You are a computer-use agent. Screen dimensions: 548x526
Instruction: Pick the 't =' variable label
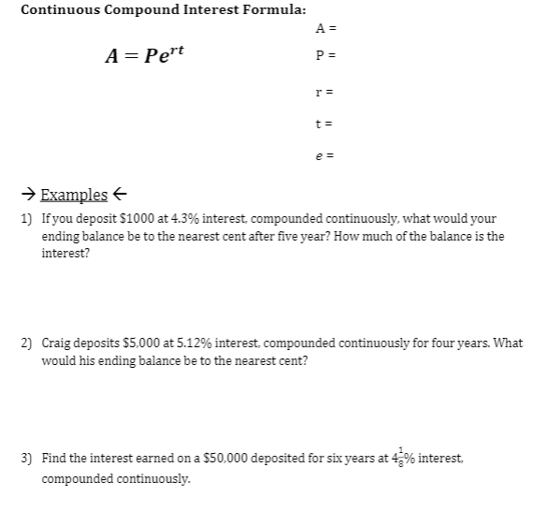click(325, 123)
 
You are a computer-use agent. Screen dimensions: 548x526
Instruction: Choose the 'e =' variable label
click(325, 155)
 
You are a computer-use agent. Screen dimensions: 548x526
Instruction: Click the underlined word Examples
click(74, 195)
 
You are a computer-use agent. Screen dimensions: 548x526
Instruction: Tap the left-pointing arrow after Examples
click(119, 195)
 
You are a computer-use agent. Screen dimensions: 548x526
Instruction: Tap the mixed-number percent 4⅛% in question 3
click(403, 458)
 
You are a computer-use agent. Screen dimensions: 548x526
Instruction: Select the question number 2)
click(25, 343)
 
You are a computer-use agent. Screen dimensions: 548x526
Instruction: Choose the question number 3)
click(25, 459)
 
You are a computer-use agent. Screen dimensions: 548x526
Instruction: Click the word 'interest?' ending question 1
click(65, 254)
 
